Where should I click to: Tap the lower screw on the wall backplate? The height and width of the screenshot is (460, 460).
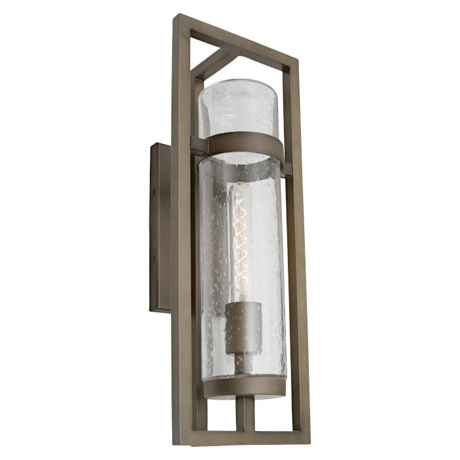click(152, 259)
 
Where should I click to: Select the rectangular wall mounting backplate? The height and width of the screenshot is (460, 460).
click(160, 227)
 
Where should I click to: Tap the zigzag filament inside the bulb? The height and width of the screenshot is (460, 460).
click(241, 237)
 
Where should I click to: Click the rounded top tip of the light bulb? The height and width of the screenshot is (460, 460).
click(240, 187)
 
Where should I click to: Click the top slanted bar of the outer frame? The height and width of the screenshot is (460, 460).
click(237, 39)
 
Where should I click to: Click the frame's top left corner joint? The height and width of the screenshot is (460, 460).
click(180, 20)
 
